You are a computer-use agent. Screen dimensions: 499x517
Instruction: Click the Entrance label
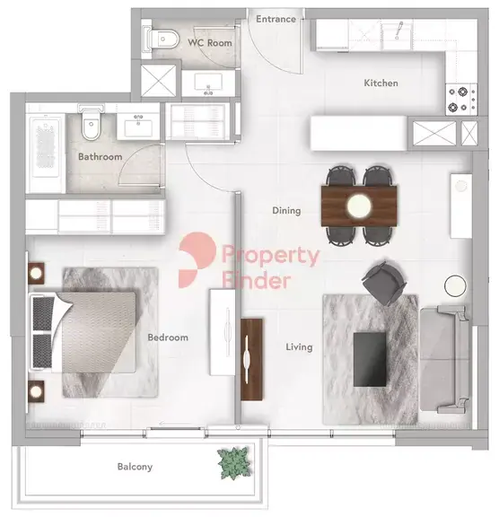pyautogui.click(x=276, y=19)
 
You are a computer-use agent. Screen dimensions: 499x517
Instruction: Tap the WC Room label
pyautogui.click(x=210, y=42)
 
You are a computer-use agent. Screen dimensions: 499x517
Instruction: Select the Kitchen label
pyautogui.click(x=381, y=83)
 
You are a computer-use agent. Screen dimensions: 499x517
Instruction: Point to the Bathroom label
pyautogui.click(x=101, y=156)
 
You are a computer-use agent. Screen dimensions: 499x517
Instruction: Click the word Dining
pyautogui.click(x=286, y=210)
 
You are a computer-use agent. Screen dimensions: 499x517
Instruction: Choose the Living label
pyautogui.click(x=299, y=346)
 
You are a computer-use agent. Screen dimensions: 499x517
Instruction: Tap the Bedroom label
pyautogui.click(x=168, y=337)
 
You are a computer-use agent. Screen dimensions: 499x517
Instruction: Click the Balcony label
pyautogui.click(x=135, y=467)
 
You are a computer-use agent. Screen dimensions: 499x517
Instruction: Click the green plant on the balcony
pyautogui.click(x=233, y=463)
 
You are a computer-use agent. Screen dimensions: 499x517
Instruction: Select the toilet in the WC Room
pyautogui.click(x=162, y=39)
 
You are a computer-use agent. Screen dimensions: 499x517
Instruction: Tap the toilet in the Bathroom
pyautogui.click(x=91, y=122)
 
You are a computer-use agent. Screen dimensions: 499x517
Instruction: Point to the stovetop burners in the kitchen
pyautogui.click(x=461, y=100)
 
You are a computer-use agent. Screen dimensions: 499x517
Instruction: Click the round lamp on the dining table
pyautogui.click(x=359, y=206)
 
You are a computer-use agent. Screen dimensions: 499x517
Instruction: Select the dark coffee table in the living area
pyautogui.click(x=370, y=359)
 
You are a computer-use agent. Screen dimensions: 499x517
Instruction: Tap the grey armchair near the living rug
pyautogui.click(x=384, y=284)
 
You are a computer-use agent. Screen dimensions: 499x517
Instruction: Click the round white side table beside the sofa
pyautogui.click(x=455, y=285)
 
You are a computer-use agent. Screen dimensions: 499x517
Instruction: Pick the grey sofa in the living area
pyautogui.click(x=444, y=359)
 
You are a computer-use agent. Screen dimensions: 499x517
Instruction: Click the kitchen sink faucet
pyautogui.click(x=398, y=31)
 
